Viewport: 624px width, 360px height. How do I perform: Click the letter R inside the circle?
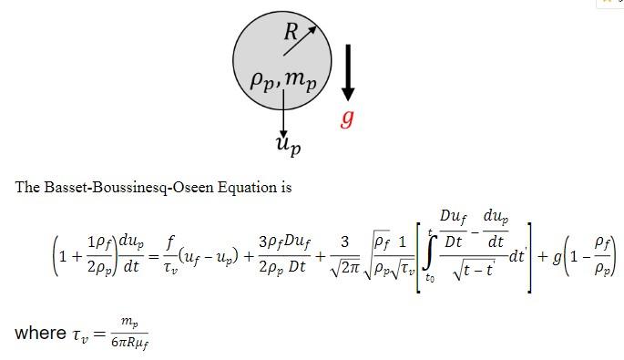pos(291,32)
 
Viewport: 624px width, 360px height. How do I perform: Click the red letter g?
pos(347,118)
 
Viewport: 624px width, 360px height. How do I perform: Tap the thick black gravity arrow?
pos(347,73)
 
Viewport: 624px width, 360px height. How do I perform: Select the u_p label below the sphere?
pos(288,144)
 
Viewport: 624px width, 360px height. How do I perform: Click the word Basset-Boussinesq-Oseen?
pos(124,187)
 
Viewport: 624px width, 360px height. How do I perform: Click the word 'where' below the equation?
pos(40,333)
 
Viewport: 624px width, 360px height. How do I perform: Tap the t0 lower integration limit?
pos(429,279)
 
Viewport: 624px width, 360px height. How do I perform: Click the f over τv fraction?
pos(169,256)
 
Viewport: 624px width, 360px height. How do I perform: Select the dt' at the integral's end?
pos(517,256)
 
